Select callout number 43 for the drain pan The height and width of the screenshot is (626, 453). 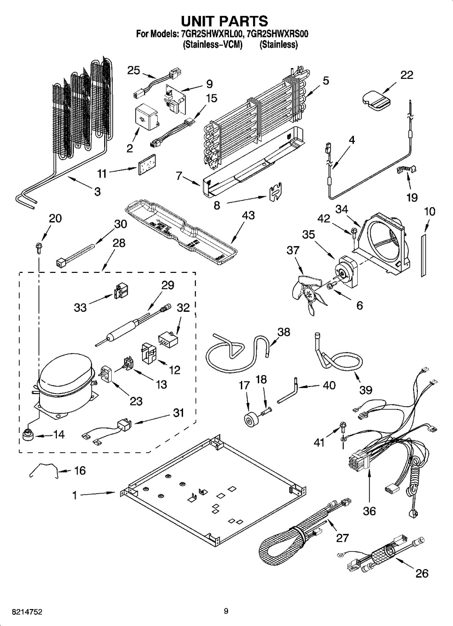(x=248, y=215)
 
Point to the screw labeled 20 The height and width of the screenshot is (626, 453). (x=38, y=246)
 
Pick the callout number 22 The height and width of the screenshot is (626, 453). (x=407, y=75)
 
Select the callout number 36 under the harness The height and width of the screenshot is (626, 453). (x=369, y=510)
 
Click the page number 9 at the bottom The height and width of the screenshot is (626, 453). (x=226, y=611)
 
